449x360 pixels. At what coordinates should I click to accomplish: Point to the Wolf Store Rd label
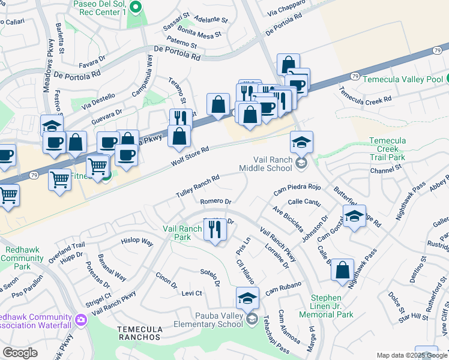[x=191, y=155]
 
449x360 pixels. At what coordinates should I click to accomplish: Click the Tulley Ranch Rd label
[x=197, y=187]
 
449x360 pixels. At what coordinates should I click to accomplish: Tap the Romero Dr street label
[x=215, y=202]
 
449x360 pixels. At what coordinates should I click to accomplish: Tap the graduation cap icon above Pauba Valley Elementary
[x=247, y=297]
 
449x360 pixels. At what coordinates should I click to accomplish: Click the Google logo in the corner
[x=20, y=353]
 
